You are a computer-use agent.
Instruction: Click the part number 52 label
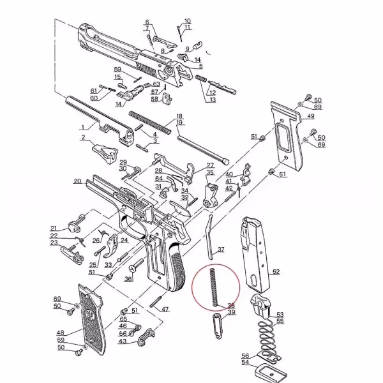[276, 271]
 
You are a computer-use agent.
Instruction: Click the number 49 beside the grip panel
[310, 116]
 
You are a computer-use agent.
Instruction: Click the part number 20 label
[77, 181]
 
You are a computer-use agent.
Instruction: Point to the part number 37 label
[221, 249]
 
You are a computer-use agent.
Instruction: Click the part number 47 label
[165, 309]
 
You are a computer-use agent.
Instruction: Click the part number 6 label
[147, 22]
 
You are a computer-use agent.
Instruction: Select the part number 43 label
[123, 342]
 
